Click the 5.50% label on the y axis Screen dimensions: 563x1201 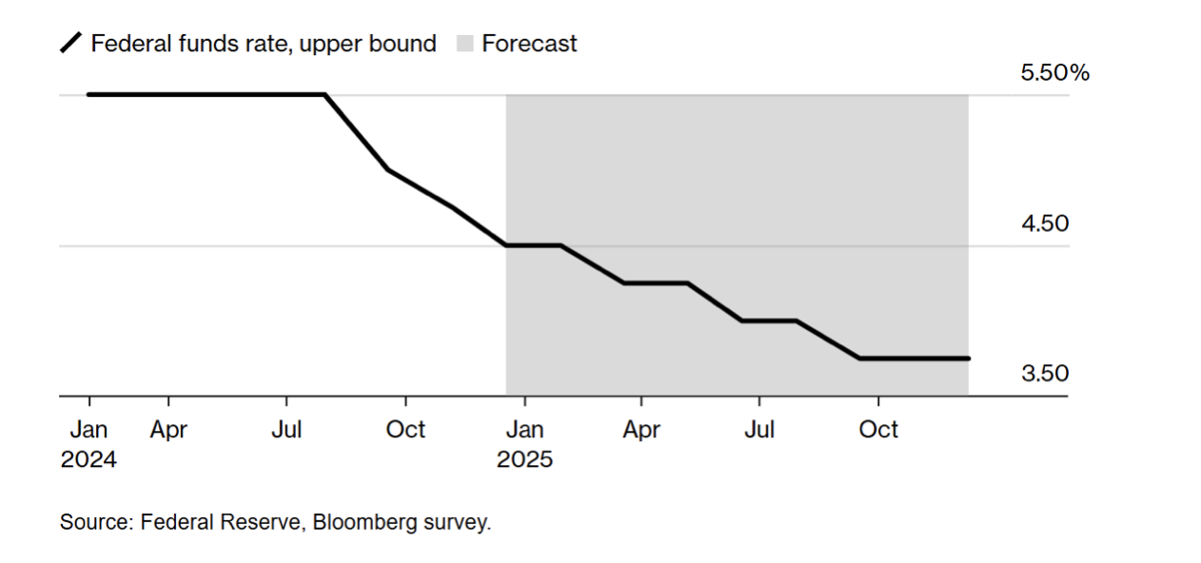(x=1054, y=73)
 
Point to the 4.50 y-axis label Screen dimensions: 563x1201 (x=1044, y=224)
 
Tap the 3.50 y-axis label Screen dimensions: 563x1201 (x=1044, y=374)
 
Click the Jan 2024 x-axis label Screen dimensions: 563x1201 (x=89, y=444)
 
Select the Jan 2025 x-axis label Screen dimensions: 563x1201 (x=524, y=444)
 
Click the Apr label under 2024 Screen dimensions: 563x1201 (x=168, y=430)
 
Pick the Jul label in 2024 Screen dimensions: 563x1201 (x=286, y=430)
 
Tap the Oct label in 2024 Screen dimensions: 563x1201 (x=405, y=430)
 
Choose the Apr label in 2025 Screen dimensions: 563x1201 (x=641, y=430)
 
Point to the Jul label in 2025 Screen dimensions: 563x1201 (x=759, y=430)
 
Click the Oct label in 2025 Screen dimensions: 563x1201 (x=877, y=430)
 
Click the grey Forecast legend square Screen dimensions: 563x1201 (x=465, y=44)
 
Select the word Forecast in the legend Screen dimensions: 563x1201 (x=529, y=44)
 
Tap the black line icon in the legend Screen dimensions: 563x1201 (x=71, y=44)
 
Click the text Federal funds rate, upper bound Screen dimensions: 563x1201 (x=264, y=44)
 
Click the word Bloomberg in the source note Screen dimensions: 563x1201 (x=361, y=522)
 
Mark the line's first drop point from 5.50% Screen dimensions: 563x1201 (x=325, y=94)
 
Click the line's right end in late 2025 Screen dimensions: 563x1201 (x=968, y=359)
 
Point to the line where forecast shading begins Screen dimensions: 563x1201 (x=506, y=245)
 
